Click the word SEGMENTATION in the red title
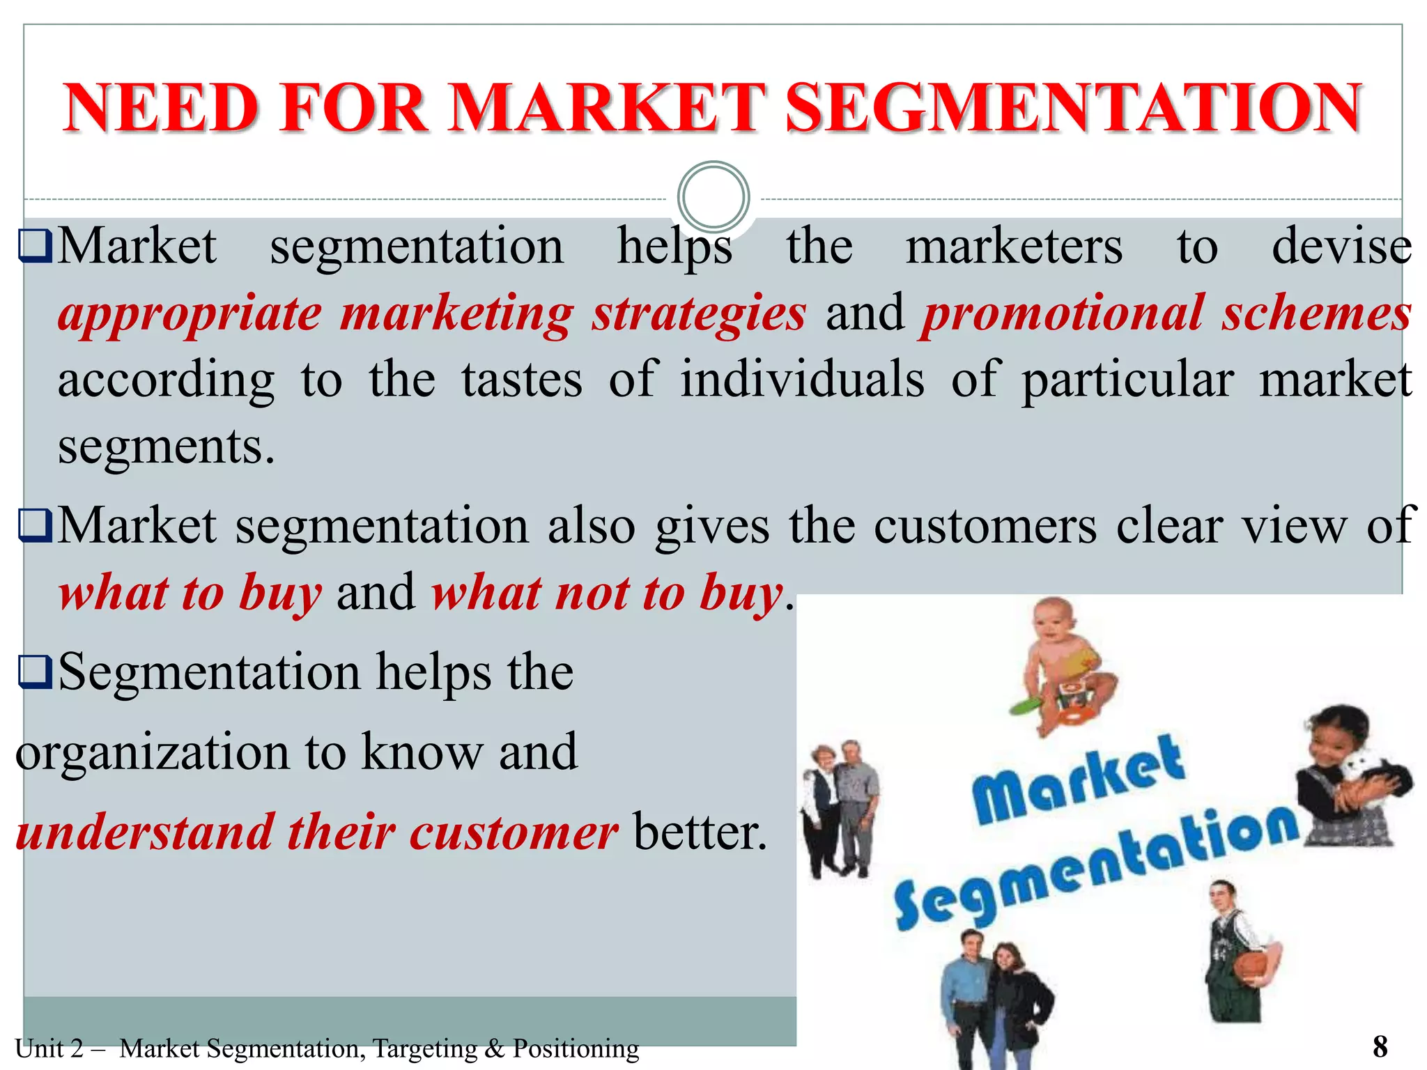pyautogui.click(x=1073, y=108)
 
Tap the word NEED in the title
pyautogui.click(x=160, y=108)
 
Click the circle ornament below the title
pyautogui.click(x=713, y=196)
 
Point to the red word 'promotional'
pyautogui.click(x=1063, y=313)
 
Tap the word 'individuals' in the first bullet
pyautogui.click(x=802, y=380)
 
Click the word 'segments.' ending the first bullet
pyautogui.click(x=166, y=447)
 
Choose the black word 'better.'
pyautogui.click(x=700, y=832)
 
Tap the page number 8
pyautogui.click(x=1380, y=1046)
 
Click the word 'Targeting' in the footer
pyautogui.click(x=424, y=1048)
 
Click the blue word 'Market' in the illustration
pyautogui.click(x=1077, y=780)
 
